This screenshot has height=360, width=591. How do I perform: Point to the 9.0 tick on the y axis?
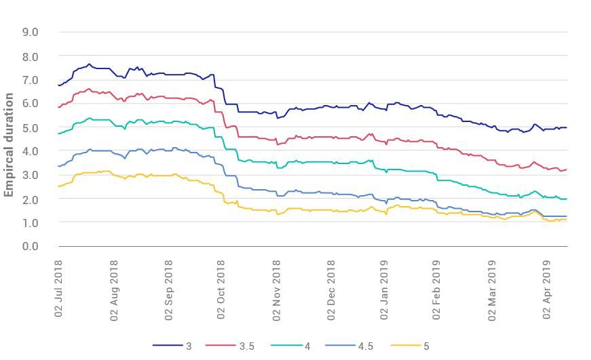click(x=30, y=32)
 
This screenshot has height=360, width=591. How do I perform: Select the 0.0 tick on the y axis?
click(x=30, y=246)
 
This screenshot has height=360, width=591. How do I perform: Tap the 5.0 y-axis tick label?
click(x=30, y=127)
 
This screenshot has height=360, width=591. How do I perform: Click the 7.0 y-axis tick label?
click(x=30, y=80)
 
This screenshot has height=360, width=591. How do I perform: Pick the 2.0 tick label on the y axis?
click(x=30, y=199)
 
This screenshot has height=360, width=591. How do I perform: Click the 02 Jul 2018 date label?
click(x=59, y=288)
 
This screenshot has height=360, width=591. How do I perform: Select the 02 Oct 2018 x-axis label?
click(x=223, y=288)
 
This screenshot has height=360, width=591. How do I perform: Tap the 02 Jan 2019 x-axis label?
click(x=385, y=288)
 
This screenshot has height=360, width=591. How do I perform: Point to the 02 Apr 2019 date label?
click(x=548, y=288)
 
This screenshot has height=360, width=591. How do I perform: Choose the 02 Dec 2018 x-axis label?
click(x=331, y=288)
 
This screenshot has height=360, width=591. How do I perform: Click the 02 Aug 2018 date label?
click(x=114, y=288)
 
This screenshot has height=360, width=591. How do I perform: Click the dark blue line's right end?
click(x=567, y=127)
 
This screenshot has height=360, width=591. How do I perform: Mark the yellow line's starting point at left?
click(x=59, y=186)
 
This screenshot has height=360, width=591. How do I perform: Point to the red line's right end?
click(x=567, y=169)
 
